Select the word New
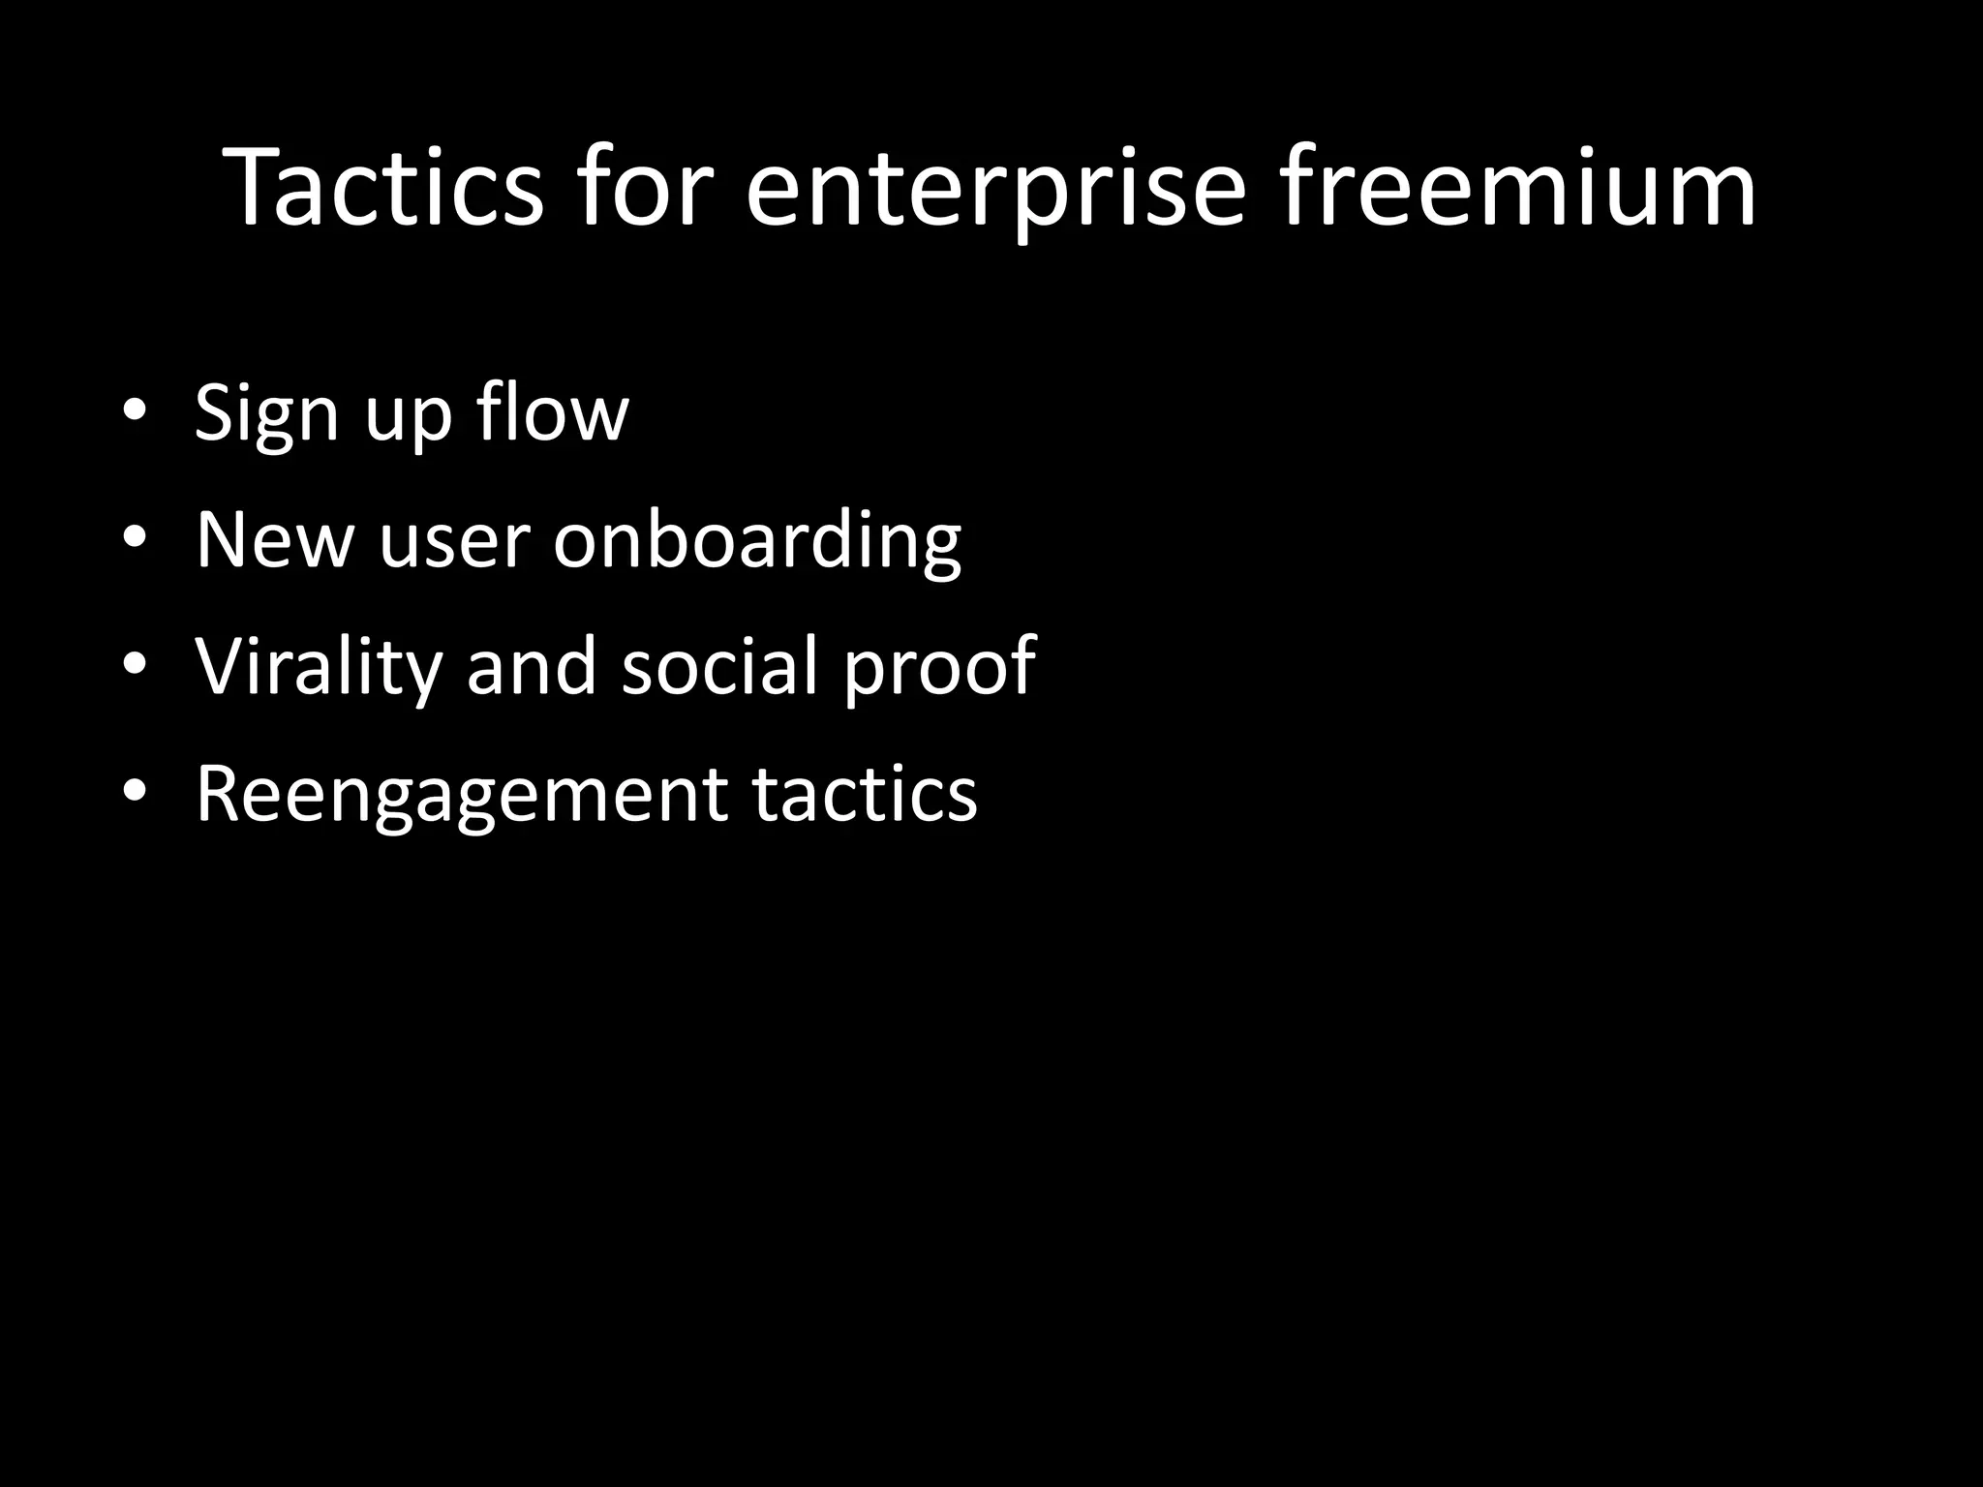(275, 539)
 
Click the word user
(454, 542)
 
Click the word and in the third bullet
(532, 665)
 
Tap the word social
(721, 665)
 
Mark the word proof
(939, 668)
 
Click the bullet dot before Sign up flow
(135, 412)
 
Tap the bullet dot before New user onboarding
(135, 538)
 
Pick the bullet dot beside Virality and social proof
(135, 665)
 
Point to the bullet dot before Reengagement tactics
(135, 792)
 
